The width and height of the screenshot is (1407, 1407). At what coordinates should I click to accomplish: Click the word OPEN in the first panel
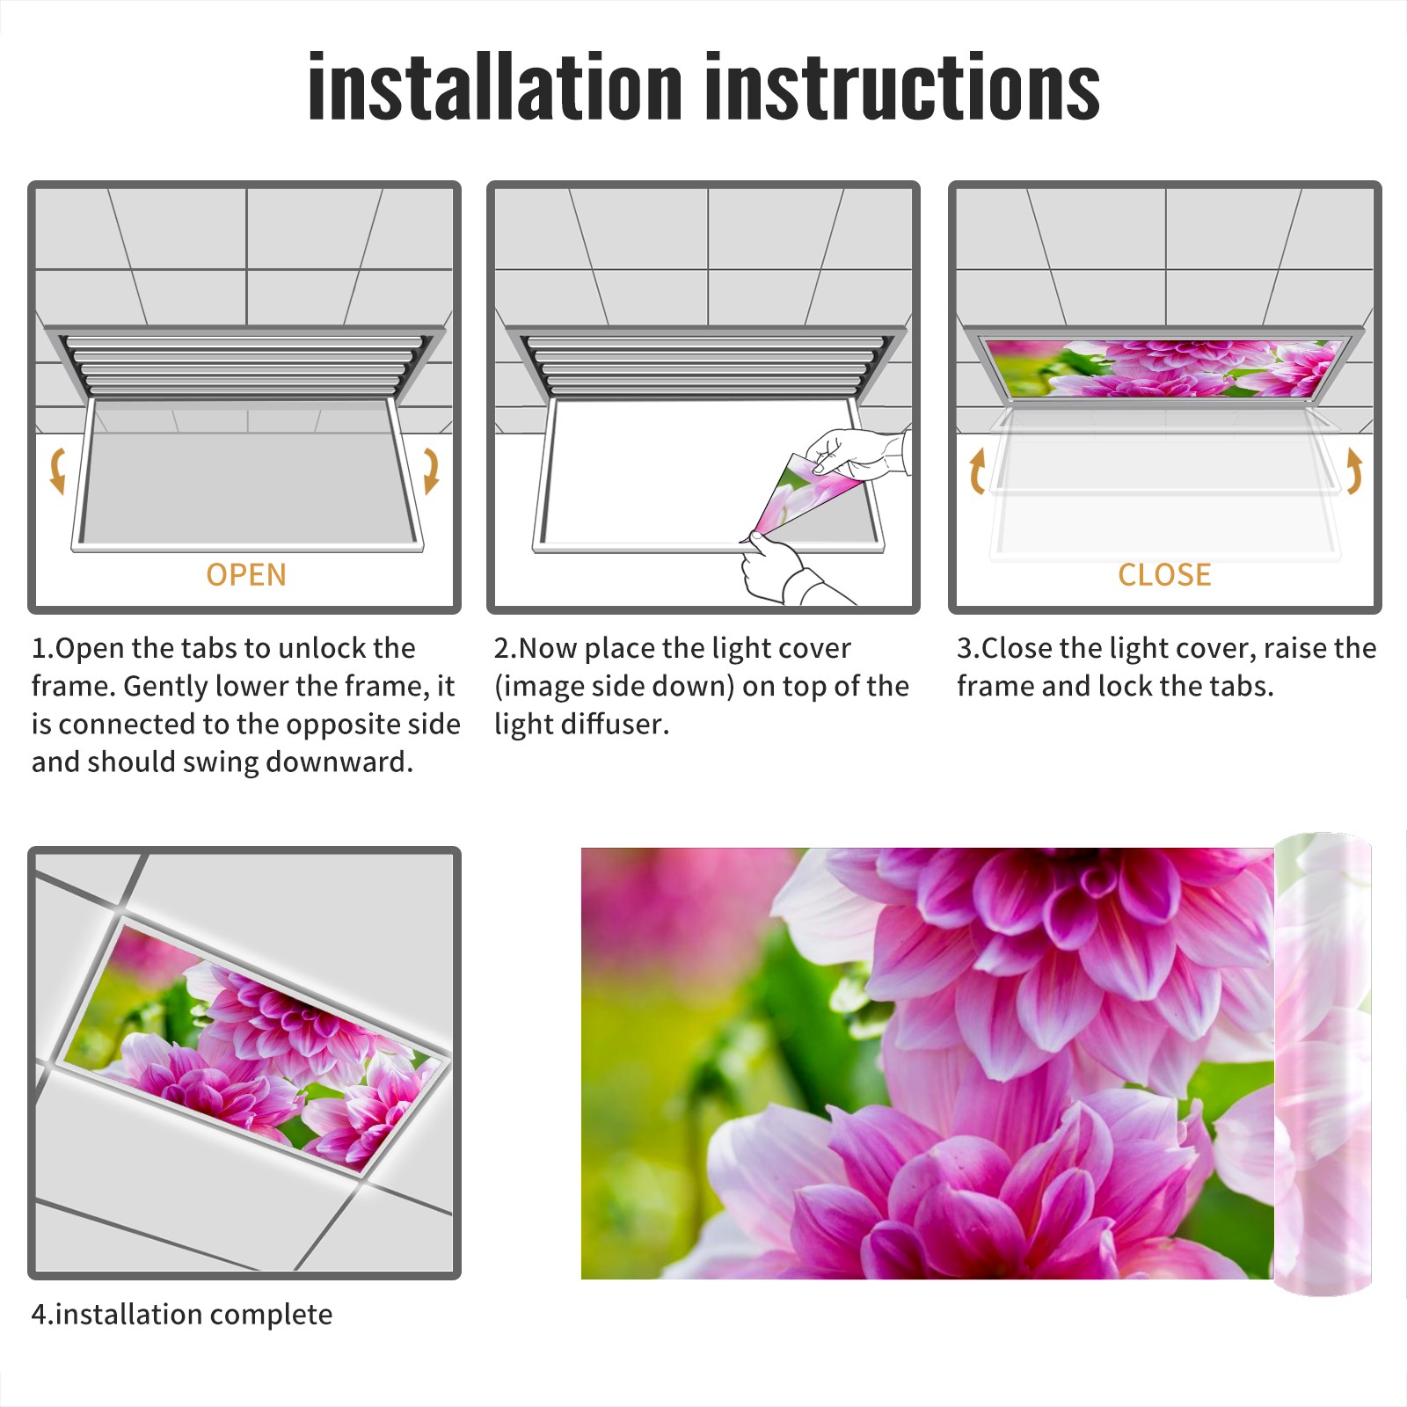246,575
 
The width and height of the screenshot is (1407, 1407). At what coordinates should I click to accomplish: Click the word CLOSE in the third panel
1164,575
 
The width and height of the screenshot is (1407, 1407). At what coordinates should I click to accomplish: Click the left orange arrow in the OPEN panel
56,470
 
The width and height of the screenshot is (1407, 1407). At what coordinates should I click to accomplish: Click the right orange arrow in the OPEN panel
431,470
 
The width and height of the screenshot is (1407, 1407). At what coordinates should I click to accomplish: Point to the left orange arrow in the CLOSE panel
976,470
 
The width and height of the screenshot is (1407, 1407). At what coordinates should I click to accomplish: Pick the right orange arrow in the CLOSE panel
1354,470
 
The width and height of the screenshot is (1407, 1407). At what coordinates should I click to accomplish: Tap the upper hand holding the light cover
857,453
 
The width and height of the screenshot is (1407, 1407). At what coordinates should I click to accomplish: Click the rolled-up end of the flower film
1323,1064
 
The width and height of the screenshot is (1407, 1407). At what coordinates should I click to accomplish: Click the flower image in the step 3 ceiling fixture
1164,368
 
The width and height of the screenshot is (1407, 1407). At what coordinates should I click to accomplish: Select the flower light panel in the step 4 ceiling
253,1046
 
